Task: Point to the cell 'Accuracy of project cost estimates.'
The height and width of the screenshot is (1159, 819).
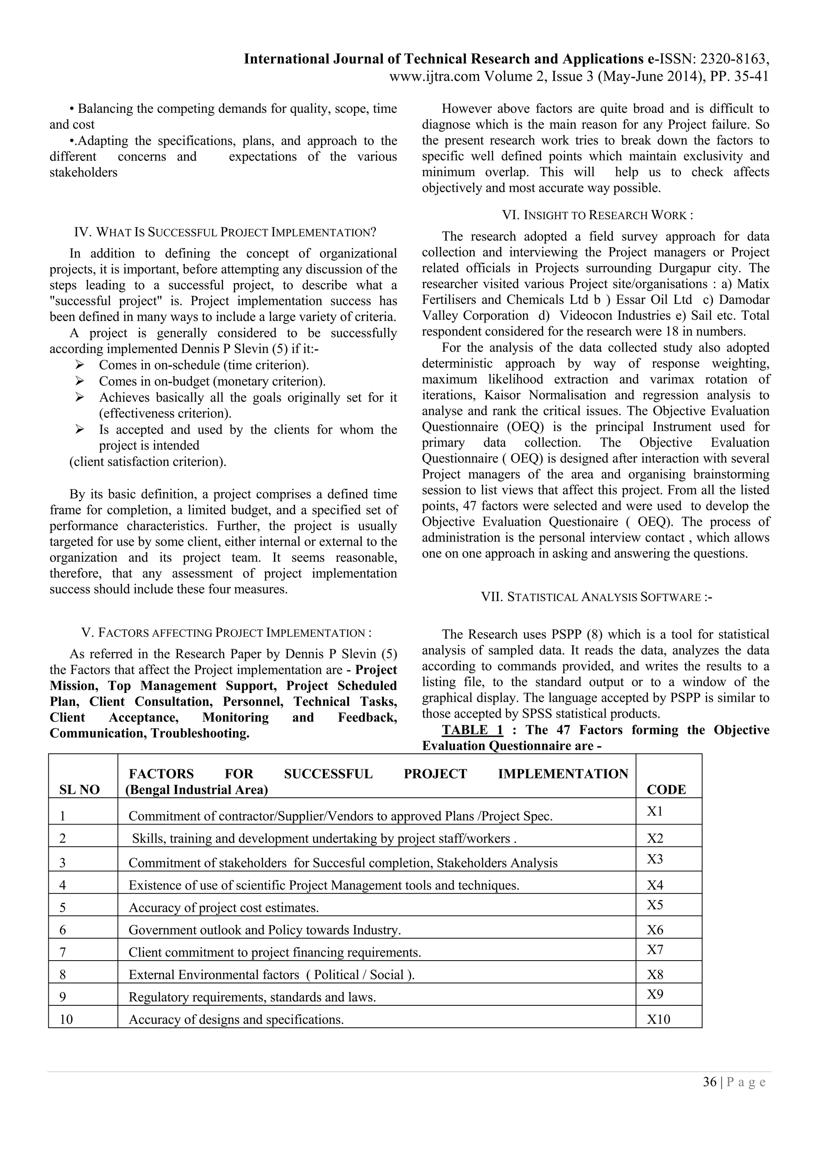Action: pos(224,908)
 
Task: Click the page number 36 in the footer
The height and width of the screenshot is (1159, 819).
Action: pos(709,1082)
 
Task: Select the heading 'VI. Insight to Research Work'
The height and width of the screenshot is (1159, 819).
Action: pos(597,216)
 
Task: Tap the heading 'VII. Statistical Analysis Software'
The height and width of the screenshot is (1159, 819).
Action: pos(597,597)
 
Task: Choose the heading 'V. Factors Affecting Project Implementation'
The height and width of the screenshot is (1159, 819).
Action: pos(227,633)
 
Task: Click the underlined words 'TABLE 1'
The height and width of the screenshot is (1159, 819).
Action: pos(472,730)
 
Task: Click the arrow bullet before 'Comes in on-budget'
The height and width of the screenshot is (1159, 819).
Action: pos(79,381)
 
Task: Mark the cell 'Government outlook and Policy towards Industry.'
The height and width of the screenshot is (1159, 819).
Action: pos(264,930)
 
